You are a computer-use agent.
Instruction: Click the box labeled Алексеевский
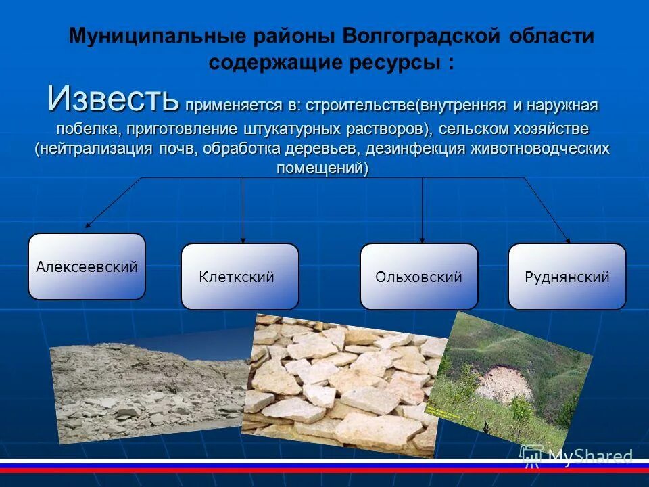[x=87, y=266]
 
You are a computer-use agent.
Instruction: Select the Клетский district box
[x=239, y=277]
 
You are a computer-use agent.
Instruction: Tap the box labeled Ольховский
[x=418, y=277]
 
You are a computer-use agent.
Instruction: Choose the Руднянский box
[x=567, y=277]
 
